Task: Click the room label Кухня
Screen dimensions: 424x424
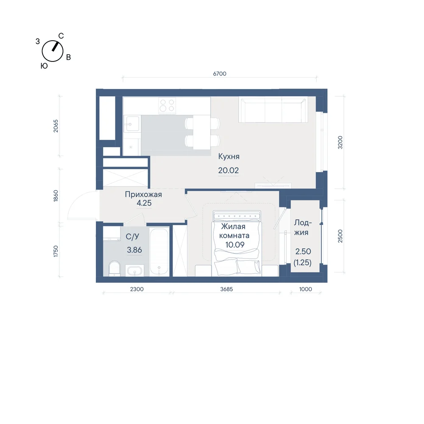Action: coord(229,156)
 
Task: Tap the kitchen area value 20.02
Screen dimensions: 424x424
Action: coord(229,170)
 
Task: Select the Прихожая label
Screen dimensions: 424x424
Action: coord(143,195)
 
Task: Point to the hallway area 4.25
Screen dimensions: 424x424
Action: coord(144,203)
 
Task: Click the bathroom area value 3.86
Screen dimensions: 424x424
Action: coord(134,250)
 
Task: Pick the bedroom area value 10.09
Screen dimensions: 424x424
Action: coord(235,245)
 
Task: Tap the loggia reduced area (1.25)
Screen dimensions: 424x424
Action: coord(303,262)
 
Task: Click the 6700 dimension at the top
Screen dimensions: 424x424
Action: coord(220,73)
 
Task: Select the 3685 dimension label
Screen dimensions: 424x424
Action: coord(226,289)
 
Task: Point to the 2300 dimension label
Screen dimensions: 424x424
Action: coord(137,289)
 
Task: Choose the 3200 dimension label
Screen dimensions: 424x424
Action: coord(340,142)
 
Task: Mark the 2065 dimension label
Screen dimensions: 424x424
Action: coord(56,126)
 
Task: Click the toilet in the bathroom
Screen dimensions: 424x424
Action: coord(114,268)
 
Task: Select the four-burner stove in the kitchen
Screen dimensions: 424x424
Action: coord(167,106)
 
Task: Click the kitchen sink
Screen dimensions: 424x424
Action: coord(132,123)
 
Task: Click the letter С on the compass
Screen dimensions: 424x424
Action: coord(61,36)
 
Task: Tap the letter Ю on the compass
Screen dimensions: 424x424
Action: coord(44,66)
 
